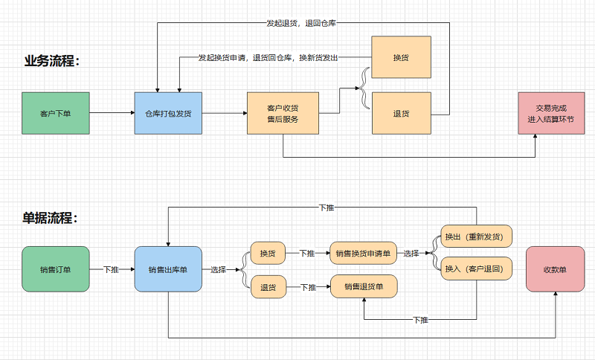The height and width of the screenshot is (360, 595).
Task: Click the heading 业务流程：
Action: tap(51, 61)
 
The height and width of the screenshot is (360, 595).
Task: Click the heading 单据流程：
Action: tap(50, 218)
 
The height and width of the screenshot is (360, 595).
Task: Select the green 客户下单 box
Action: tap(56, 113)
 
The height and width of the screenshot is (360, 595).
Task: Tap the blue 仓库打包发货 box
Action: tap(168, 113)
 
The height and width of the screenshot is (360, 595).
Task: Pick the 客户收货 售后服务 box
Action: tap(282, 113)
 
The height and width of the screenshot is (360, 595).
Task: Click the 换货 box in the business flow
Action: tap(402, 57)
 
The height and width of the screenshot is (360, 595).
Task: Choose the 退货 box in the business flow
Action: tap(402, 113)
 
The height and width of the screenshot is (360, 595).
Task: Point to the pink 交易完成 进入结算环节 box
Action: tap(550, 113)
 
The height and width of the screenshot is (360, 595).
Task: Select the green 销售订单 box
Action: tap(56, 269)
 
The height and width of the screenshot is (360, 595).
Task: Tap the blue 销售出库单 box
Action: tap(168, 269)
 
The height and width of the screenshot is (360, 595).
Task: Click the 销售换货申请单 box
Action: tap(364, 253)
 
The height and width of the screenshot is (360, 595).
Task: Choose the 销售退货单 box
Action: tap(364, 286)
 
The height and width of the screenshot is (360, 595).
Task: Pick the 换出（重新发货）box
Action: tap(477, 237)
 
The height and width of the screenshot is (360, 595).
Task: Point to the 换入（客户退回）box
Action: tap(477, 269)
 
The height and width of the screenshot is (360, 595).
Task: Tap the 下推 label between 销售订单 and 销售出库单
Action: tap(111, 269)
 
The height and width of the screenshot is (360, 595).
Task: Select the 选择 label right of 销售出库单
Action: tap(219, 269)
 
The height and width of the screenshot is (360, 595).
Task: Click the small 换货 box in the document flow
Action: tap(268, 253)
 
